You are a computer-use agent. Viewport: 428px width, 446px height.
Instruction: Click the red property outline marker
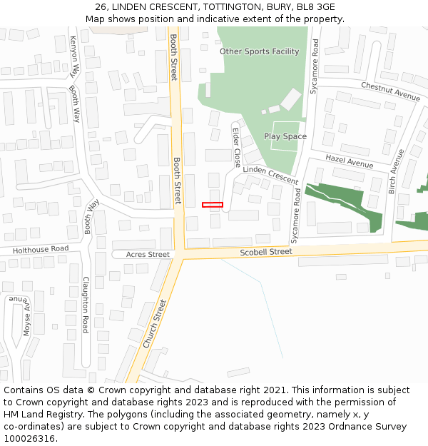(213, 205)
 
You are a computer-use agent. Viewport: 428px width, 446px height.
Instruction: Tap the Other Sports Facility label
(259, 51)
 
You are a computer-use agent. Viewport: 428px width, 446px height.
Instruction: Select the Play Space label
(285, 136)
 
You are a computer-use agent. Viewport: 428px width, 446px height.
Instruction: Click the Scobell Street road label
(266, 252)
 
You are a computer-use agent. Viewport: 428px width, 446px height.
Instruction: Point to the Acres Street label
(148, 255)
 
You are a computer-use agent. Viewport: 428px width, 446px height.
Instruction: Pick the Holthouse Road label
(41, 249)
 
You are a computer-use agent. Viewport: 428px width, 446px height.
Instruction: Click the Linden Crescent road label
(270, 175)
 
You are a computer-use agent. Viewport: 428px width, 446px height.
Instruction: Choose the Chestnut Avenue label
(390, 91)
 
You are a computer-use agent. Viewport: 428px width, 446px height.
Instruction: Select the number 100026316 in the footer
(29, 439)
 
